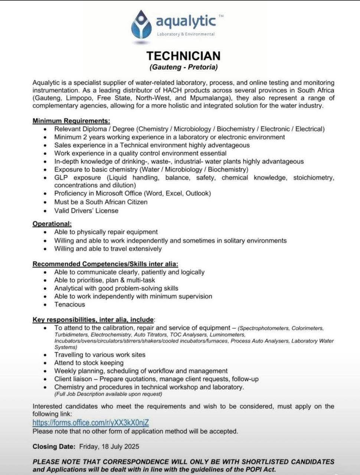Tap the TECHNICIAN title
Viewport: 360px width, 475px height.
(183, 56)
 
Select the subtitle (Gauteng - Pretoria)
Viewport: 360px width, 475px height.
(183, 67)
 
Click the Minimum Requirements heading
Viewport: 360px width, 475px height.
(71, 121)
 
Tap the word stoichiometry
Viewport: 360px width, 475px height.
(313, 178)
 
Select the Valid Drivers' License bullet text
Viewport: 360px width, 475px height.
(86, 210)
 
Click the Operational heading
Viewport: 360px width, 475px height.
(52, 224)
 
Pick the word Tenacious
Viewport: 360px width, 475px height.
(69, 304)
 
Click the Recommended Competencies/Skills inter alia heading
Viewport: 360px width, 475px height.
(105, 264)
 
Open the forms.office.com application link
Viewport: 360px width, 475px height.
(91, 423)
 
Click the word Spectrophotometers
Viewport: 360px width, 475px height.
(264, 328)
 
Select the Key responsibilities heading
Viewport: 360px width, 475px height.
(93, 320)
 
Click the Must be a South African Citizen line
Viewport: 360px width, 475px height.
(101, 202)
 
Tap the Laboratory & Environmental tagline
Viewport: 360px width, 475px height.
(186, 34)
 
